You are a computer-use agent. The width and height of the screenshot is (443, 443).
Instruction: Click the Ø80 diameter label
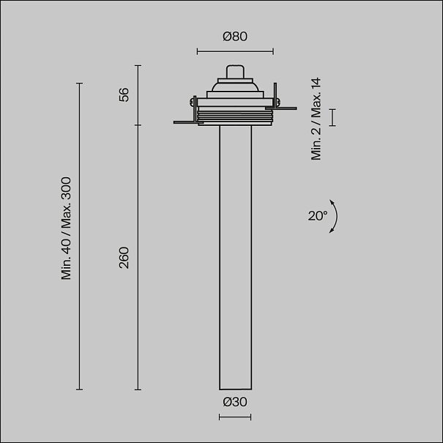[x=235, y=37]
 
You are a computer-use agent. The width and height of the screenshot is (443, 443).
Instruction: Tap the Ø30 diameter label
[x=235, y=402]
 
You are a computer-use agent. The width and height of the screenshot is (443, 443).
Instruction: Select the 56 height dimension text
[x=124, y=94]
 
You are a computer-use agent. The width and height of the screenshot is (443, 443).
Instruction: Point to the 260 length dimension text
[x=124, y=258]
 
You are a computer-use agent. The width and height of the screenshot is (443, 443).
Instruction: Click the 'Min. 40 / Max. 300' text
[x=66, y=228]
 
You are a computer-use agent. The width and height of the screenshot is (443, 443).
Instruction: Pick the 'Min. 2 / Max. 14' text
[x=316, y=119]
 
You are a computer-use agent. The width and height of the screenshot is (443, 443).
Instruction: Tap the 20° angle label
[x=318, y=216]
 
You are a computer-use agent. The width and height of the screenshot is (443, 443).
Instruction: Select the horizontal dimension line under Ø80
[x=235, y=51]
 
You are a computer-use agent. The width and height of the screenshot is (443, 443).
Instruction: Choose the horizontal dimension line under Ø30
[x=235, y=417]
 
